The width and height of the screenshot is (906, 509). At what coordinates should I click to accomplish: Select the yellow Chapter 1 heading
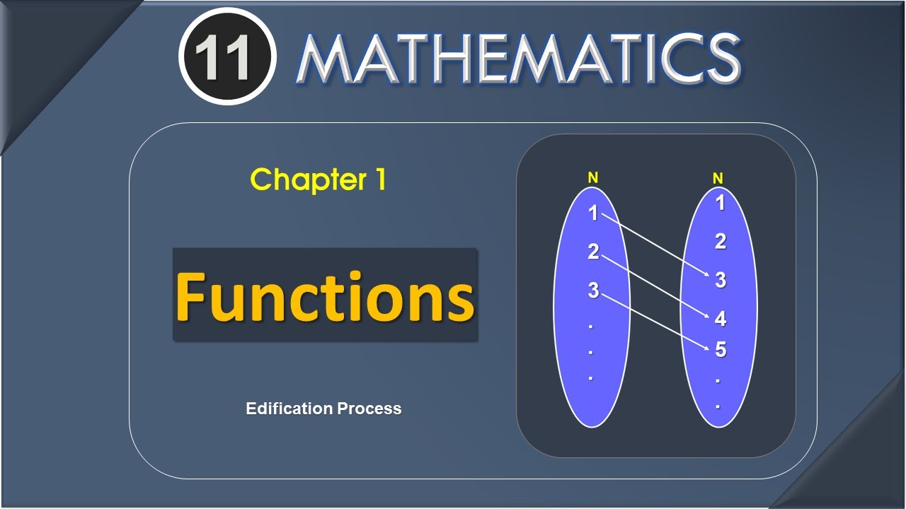click(318, 180)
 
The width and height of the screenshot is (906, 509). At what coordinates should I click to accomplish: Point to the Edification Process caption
click(323, 409)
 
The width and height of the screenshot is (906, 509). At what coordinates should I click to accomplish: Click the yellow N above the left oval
click(593, 179)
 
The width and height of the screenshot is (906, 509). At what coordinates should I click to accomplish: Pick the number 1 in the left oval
click(593, 213)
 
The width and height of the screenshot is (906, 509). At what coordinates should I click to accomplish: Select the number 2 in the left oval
click(593, 252)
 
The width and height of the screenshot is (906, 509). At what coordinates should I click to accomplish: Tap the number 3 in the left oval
click(593, 290)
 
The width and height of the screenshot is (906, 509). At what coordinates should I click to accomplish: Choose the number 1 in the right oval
click(721, 204)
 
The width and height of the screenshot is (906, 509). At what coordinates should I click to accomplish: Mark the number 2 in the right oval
click(721, 242)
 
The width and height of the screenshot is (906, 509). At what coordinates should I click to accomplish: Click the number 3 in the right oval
click(721, 281)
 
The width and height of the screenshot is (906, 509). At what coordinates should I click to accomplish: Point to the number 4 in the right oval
click(721, 319)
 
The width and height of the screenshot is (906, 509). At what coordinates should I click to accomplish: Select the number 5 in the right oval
click(721, 350)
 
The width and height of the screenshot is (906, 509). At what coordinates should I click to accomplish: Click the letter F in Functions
click(190, 296)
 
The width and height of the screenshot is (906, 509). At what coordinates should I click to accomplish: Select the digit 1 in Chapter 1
click(379, 180)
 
